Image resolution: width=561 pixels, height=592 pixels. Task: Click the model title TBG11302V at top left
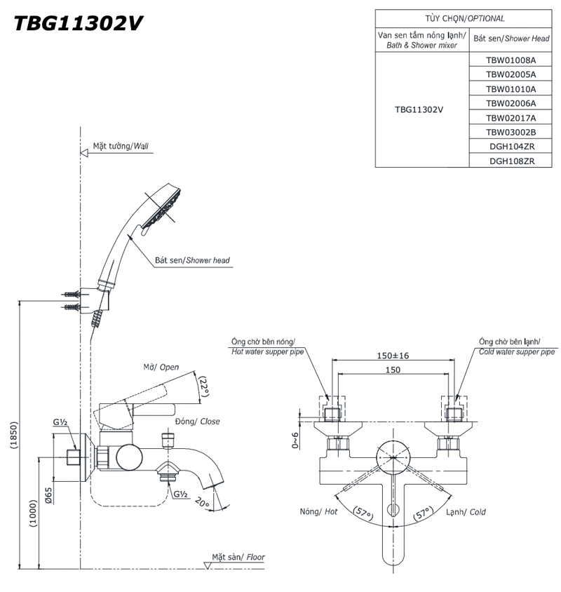click(x=78, y=23)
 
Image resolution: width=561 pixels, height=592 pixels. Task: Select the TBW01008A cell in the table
click(x=511, y=60)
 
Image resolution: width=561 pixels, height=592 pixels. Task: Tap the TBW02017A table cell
click(x=511, y=118)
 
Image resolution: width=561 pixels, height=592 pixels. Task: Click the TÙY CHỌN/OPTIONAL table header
click(x=464, y=18)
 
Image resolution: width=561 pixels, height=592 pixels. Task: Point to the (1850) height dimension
click(x=14, y=435)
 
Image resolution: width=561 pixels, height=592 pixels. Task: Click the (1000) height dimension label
click(x=34, y=513)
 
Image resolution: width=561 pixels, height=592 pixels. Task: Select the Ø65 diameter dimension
click(x=48, y=495)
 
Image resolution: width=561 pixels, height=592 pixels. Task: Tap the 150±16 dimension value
click(x=393, y=356)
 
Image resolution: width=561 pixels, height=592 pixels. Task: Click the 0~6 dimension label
click(x=295, y=440)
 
